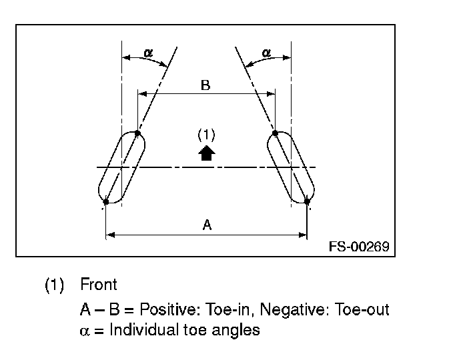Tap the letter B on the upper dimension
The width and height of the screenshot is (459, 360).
coord(205,85)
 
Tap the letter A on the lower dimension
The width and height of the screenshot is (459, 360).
coord(207,225)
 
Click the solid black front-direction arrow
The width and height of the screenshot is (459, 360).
coord(207,153)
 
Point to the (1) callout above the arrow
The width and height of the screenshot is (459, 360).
coord(206,134)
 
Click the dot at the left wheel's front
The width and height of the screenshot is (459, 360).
coord(137,133)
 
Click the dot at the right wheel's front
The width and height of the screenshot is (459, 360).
coord(275,133)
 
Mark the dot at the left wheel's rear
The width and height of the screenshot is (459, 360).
coord(106,201)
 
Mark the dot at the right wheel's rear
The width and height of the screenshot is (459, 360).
coord(307,201)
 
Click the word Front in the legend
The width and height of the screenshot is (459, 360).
coord(98,285)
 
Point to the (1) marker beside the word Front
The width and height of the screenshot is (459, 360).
coord(54,286)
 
